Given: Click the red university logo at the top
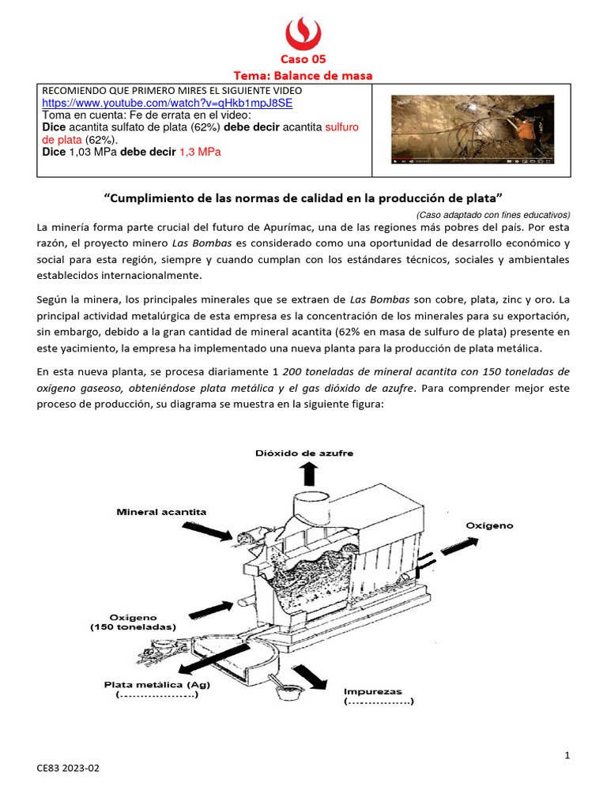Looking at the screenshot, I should click(303, 32).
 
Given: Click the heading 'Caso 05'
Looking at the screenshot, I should click(303, 59).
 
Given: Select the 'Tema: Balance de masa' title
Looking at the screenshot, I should click(303, 75).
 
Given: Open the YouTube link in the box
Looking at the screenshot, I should click(167, 103).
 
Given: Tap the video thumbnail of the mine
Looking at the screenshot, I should click(473, 130).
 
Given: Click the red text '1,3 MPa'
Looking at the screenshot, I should click(199, 152).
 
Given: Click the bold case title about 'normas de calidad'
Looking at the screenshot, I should click(303, 196).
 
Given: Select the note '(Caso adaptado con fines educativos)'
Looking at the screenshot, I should click(492, 214).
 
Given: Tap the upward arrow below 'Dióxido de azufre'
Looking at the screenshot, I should click(308, 474).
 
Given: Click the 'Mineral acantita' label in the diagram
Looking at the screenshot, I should click(161, 511).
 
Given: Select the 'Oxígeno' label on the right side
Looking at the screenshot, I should click(488, 525).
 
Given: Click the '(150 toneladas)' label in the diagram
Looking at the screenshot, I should click(132, 627).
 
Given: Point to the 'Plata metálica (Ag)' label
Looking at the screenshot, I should click(156, 684).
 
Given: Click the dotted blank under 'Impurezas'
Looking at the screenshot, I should click(378, 702).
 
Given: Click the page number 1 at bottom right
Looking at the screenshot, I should click(567, 756).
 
